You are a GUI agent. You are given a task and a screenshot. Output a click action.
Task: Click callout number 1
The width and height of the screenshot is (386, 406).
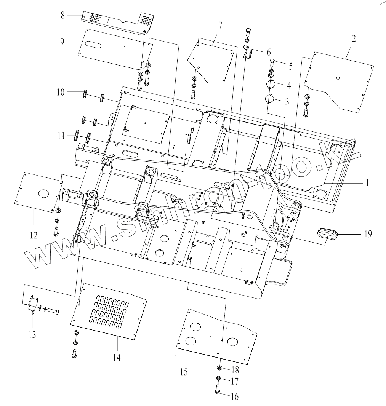pyautogui.click(x=367, y=183)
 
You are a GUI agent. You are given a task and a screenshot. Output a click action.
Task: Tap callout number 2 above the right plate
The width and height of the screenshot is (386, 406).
pyautogui.click(x=354, y=38)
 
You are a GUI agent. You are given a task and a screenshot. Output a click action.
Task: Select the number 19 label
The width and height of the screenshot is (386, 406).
pyautogui.click(x=368, y=234)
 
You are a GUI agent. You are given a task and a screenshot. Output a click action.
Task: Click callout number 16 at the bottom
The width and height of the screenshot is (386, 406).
pyautogui.click(x=235, y=396)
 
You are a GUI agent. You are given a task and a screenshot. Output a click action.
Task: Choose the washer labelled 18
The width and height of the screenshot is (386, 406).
pyautogui.click(x=219, y=368)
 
